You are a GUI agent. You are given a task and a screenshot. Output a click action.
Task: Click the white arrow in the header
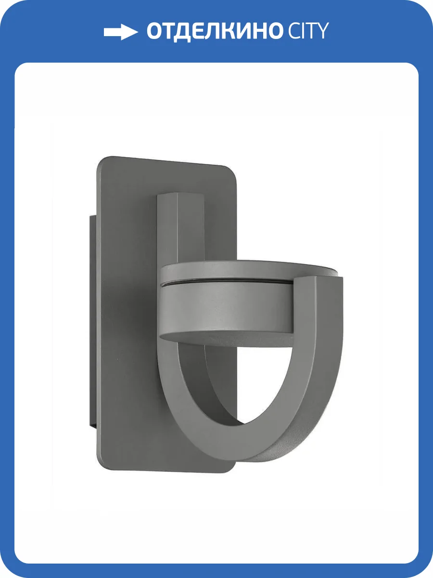click(x=121, y=32)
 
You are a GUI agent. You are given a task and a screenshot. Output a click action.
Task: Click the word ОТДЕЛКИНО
click(x=215, y=32)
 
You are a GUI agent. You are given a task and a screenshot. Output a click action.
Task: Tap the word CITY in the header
click(x=308, y=31)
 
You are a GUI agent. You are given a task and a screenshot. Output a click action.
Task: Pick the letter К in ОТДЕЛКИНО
click(x=229, y=31)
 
